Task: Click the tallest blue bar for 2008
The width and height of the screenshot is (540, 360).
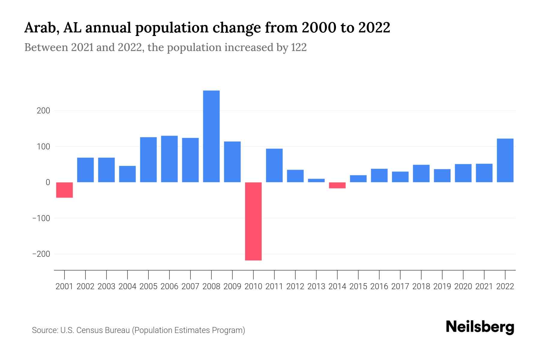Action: click(x=211, y=136)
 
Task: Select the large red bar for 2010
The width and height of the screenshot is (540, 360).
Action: click(x=253, y=221)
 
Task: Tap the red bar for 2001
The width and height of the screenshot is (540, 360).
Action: click(x=64, y=190)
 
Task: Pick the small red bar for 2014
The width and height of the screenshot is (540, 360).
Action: click(x=337, y=185)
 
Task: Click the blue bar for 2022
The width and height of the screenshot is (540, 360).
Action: click(x=505, y=160)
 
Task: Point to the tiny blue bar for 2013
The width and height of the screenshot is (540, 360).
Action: click(x=316, y=181)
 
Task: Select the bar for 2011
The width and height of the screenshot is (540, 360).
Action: click(x=274, y=165)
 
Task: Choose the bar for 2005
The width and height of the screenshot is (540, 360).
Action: click(x=148, y=160)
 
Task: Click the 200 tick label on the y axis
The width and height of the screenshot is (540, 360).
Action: click(x=43, y=111)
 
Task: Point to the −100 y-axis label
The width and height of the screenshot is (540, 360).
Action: click(x=41, y=218)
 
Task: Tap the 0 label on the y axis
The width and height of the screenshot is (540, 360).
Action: click(x=48, y=182)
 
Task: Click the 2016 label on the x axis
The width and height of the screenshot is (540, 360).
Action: click(x=379, y=286)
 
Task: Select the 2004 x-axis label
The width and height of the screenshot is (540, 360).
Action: click(x=127, y=286)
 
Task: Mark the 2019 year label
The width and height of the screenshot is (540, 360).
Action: click(x=442, y=286)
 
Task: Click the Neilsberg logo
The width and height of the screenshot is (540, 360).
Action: click(x=480, y=327)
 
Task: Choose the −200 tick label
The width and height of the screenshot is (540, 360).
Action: click(x=41, y=254)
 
